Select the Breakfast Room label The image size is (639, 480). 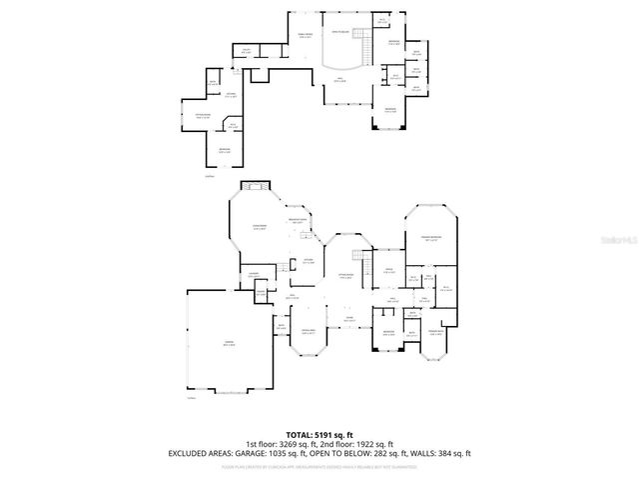pos(297,221)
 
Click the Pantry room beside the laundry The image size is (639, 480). pos(261,294)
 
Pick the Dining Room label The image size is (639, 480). pos(311,330)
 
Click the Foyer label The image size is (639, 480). pos(349,319)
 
